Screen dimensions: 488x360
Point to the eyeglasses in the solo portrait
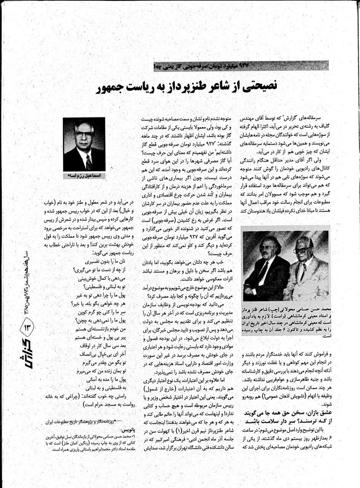click(84, 134)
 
